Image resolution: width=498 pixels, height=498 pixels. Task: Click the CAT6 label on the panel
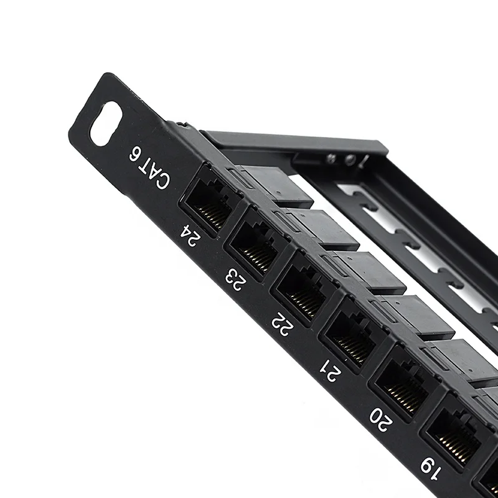pos(149,166)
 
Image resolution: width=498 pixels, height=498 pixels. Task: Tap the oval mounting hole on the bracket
pos(106,123)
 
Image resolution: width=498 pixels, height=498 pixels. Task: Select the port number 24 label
pos(188,236)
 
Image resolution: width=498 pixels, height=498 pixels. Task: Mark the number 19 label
pos(430,466)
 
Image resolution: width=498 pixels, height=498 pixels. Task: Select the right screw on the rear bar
pos(351,161)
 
